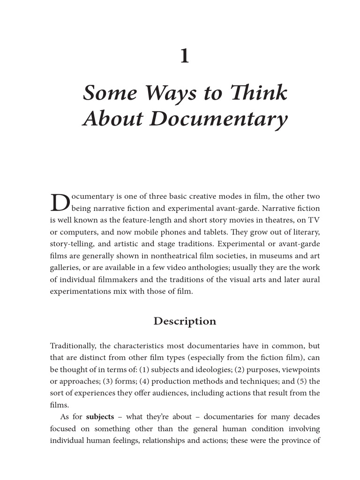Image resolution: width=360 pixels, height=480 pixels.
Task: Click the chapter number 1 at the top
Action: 185,57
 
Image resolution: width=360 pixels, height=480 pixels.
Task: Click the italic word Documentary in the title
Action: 218,119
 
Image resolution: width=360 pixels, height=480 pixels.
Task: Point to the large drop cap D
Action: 60,202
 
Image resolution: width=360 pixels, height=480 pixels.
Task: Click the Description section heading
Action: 185,322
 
